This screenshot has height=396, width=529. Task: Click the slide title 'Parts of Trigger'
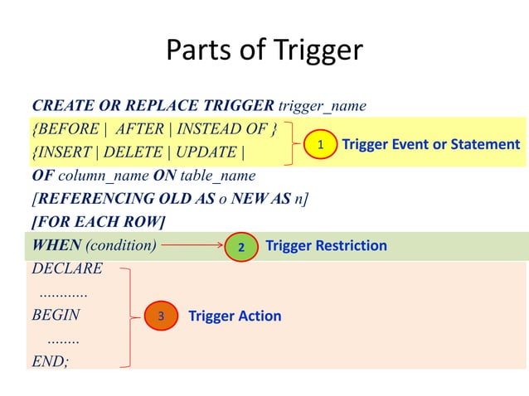coord(264,51)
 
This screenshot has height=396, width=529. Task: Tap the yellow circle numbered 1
coord(319,145)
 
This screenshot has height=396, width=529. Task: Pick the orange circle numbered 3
coord(161,316)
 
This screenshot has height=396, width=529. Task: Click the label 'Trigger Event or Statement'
coord(430,145)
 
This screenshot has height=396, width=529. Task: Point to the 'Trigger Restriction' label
coord(326,246)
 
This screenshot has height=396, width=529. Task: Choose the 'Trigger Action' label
coord(235,316)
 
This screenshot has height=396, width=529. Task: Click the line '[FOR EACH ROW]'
coord(98,223)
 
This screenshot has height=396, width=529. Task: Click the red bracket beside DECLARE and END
coord(129,316)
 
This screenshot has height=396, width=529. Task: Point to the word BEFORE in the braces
coord(70,130)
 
